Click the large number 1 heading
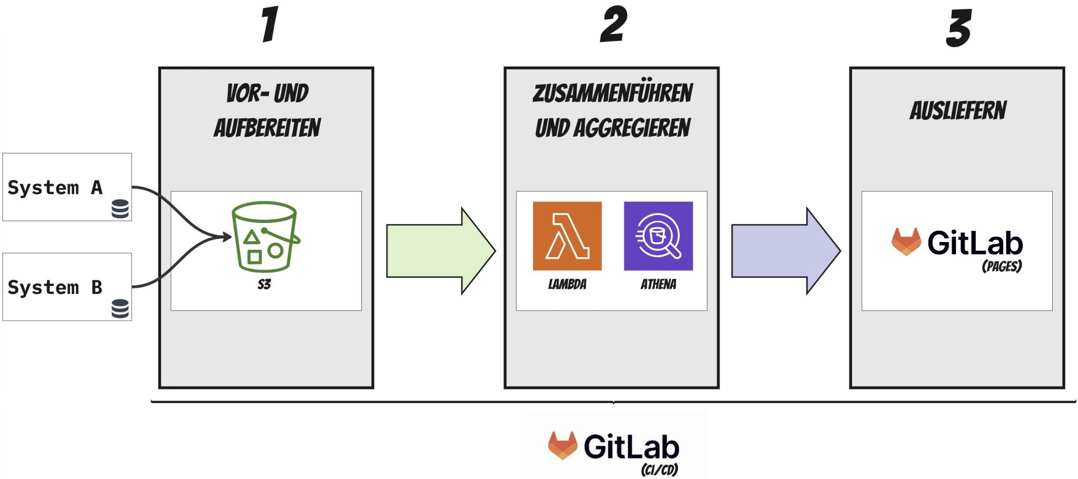click(x=270, y=25)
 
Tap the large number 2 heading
click(x=613, y=25)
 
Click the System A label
click(x=55, y=188)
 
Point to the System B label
click(x=55, y=288)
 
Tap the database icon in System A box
click(x=120, y=209)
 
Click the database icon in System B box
click(x=120, y=309)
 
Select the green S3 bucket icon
click(x=265, y=237)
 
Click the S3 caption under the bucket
click(x=264, y=284)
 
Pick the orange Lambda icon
click(x=567, y=236)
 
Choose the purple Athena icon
click(x=658, y=236)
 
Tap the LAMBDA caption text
click(x=567, y=284)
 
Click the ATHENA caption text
click(x=658, y=284)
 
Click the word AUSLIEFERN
click(x=957, y=111)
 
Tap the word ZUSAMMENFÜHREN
click(x=612, y=94)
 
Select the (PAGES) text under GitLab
click(x=1002, y=267)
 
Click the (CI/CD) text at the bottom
click(x=659, y=469)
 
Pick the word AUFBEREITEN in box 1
click(x=267, y=128)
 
